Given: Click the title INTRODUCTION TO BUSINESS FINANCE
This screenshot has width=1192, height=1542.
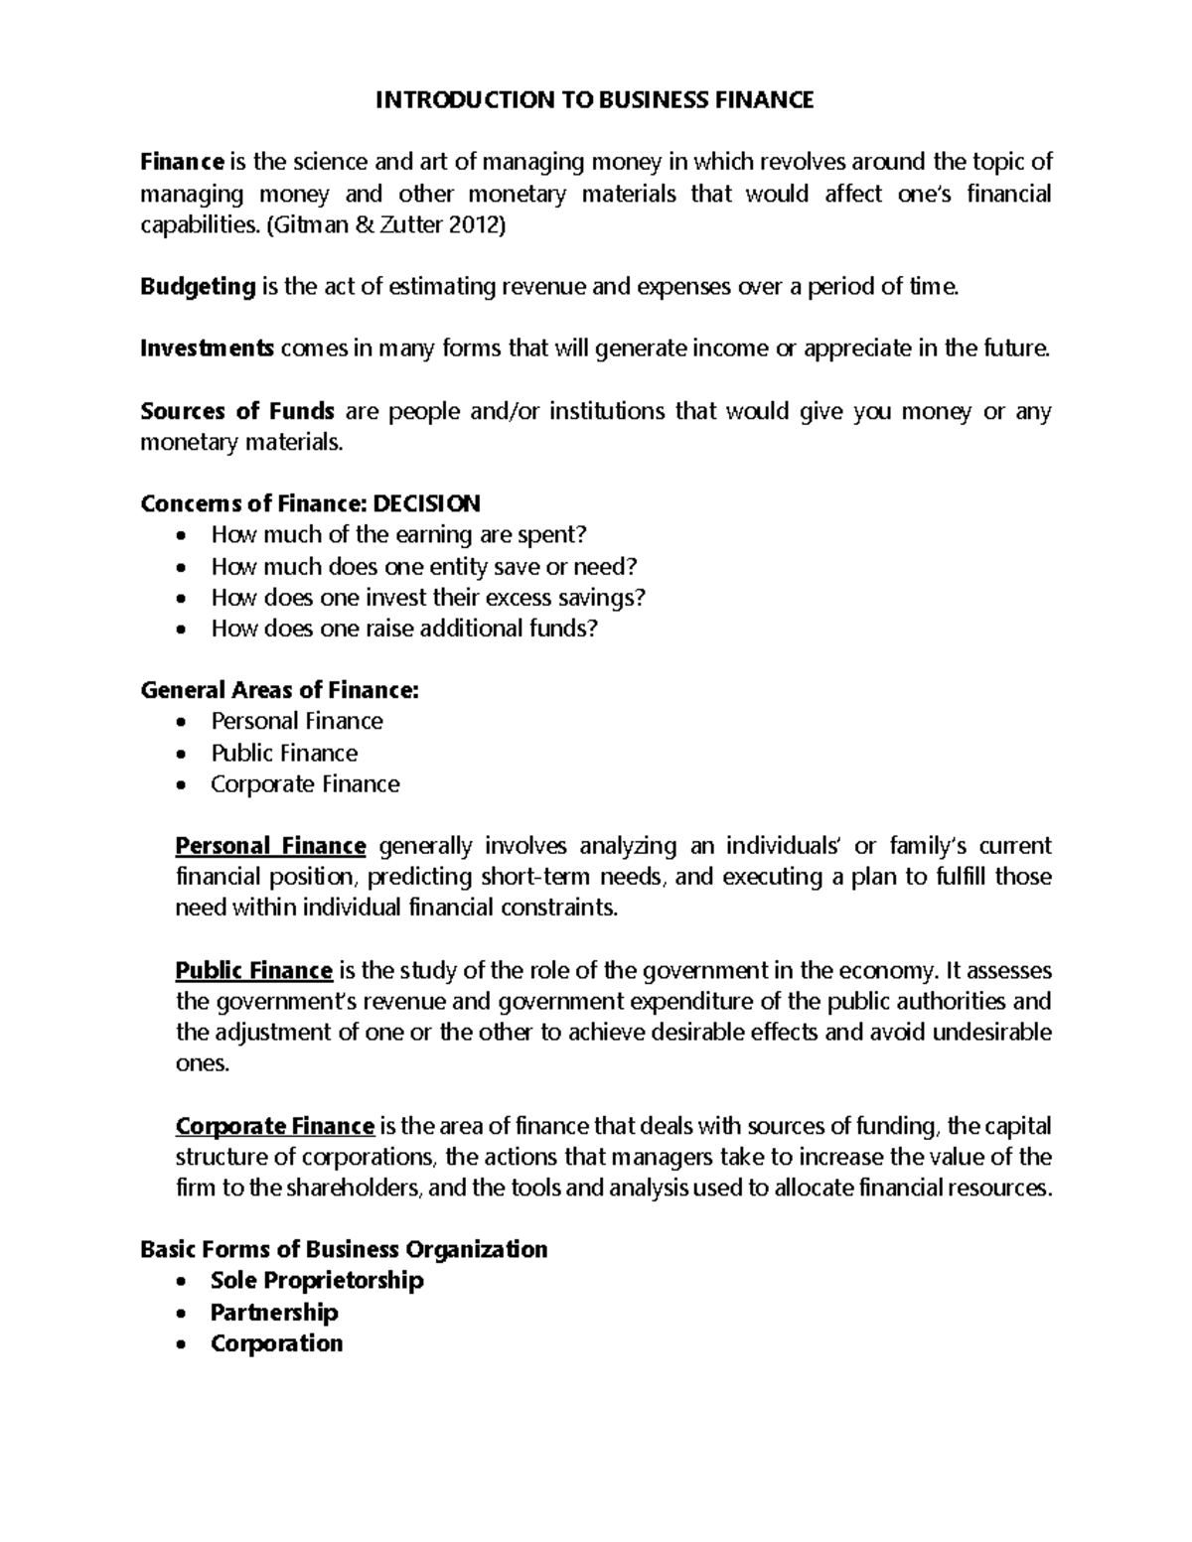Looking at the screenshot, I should [595, 100].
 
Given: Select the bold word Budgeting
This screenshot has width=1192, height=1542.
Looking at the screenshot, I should [198, 288].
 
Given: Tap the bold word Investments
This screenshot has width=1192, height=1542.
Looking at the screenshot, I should [207, 350].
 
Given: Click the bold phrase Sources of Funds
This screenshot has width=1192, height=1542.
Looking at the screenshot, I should [237, 411].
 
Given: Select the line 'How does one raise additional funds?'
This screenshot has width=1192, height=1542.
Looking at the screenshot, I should [404, 629].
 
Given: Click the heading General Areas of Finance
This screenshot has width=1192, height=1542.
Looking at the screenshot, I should [280, 690].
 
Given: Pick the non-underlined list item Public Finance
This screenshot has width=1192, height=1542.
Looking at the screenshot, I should [283, 753].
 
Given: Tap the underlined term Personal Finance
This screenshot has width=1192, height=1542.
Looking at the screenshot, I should [270, 846].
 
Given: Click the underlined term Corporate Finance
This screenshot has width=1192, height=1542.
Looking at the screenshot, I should [274, 1127].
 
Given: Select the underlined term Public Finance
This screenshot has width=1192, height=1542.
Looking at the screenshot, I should [253, 970].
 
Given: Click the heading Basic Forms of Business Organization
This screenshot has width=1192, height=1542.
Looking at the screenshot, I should [344, 1249].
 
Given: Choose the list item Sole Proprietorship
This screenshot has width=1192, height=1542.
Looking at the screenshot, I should [317, 1281].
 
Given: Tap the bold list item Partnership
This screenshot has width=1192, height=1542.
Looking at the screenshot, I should [274, 1313].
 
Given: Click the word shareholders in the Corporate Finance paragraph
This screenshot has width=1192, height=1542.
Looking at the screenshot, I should [341, 1189].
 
